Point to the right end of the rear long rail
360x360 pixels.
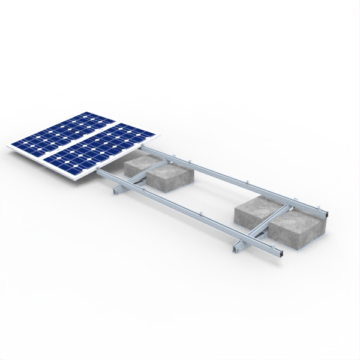tap(328, 213)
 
